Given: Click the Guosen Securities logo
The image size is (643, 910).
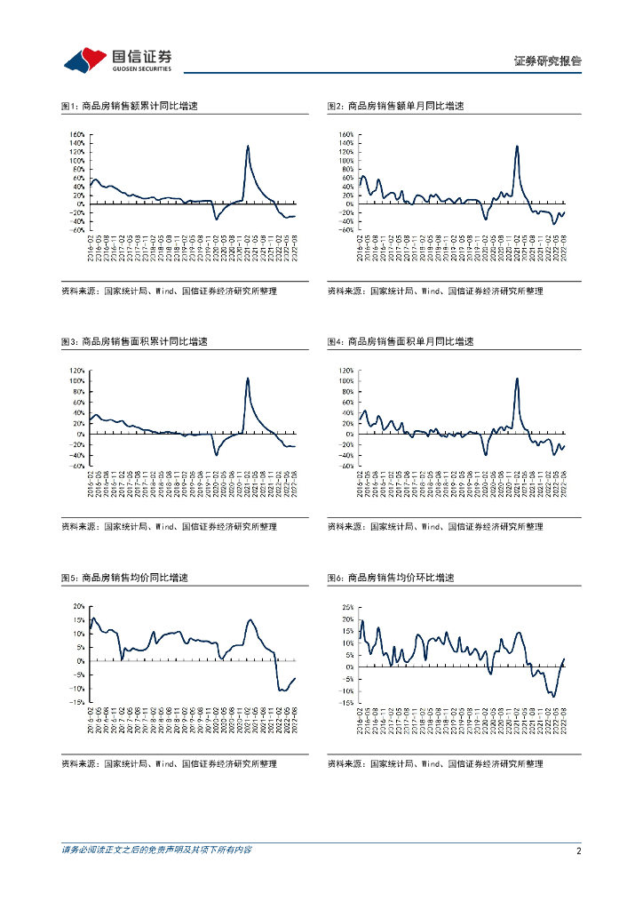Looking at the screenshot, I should tap(117, 60).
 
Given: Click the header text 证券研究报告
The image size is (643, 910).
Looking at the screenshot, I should tap(547, 61).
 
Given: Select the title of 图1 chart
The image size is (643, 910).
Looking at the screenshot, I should tap(129, 106).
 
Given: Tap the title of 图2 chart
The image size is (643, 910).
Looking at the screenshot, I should tap(395, 106).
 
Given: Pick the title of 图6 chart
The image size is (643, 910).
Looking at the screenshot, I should tap(391, 578).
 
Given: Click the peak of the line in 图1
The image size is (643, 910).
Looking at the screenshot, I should tap(247, 146).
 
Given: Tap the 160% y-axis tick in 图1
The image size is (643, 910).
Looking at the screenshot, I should tap(76, 135).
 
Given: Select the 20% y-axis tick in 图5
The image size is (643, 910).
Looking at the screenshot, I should tap(78, 606).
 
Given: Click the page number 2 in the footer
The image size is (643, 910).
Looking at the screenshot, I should tap(578, 850).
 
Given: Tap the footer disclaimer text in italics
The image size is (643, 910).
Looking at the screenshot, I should tap(156, 850).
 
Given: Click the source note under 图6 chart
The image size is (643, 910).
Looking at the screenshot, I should tap(435, 763).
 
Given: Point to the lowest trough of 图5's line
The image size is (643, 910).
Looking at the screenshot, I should tap(282, 690).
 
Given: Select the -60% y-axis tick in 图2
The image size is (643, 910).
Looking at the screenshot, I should tap(345, 229).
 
